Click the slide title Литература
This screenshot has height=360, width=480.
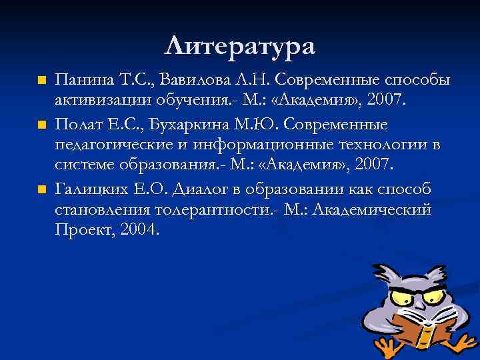239,46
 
